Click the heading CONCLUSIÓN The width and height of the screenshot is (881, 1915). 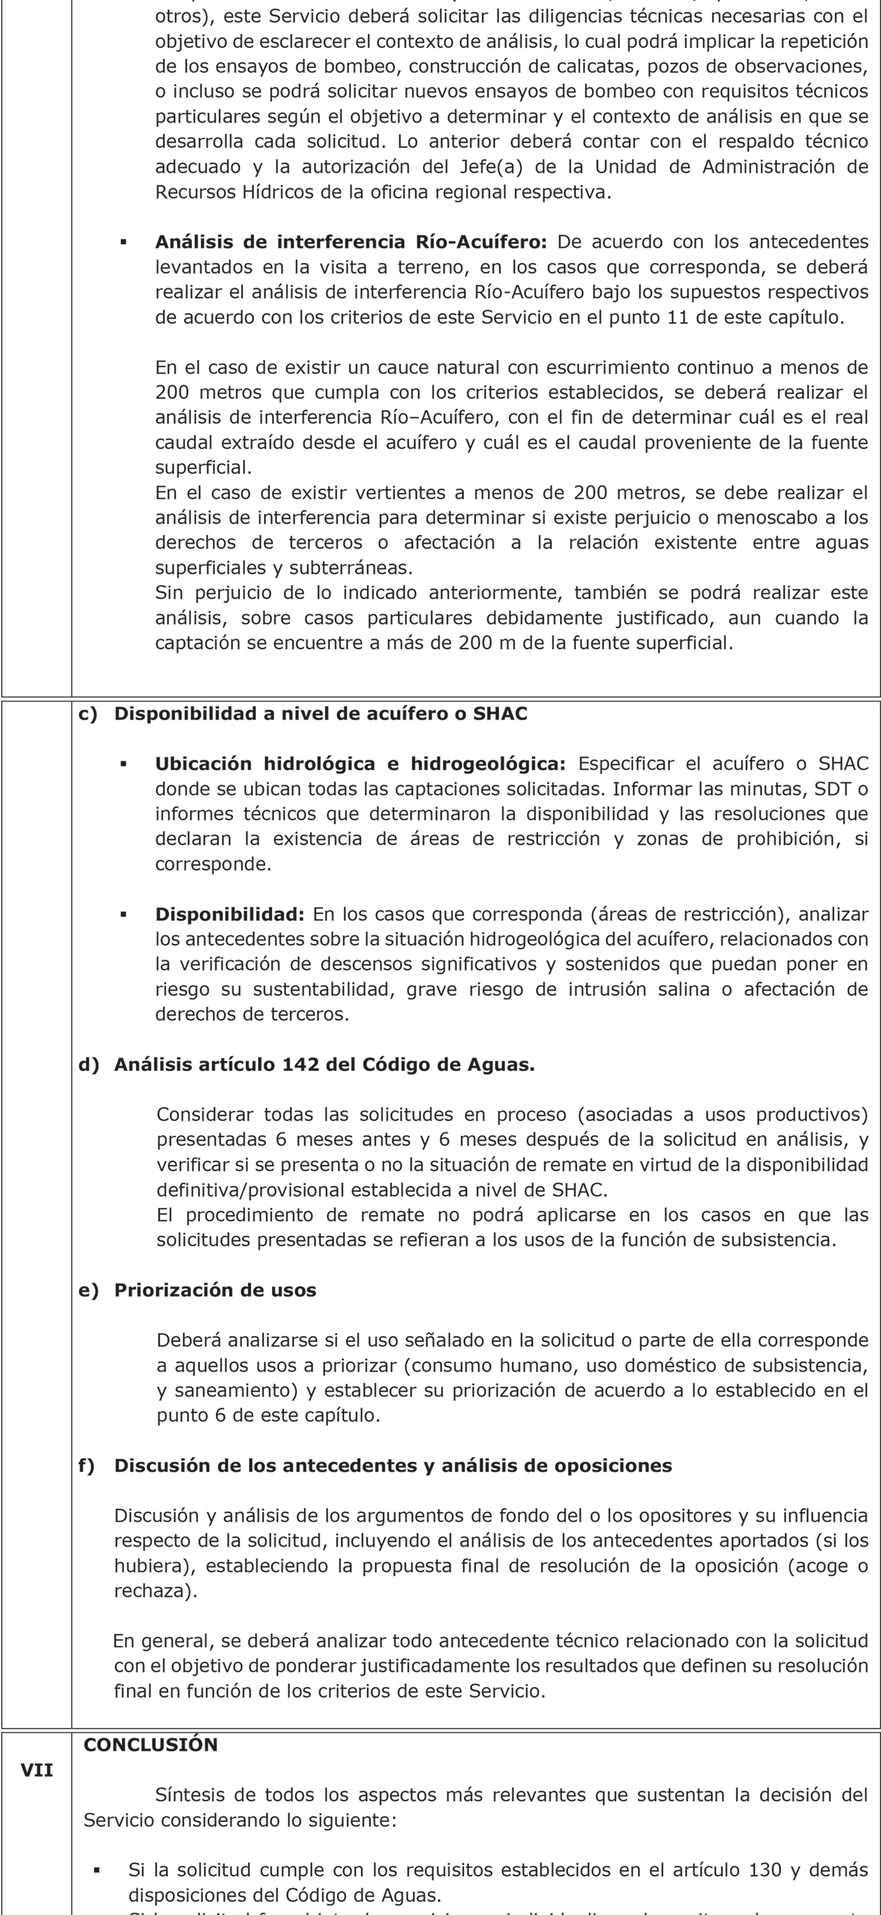[151, 1744]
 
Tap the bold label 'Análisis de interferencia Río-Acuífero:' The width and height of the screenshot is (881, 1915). [351, 242]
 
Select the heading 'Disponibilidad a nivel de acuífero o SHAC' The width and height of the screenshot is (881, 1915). [320, 714]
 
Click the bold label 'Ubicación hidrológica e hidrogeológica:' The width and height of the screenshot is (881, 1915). [360, 764]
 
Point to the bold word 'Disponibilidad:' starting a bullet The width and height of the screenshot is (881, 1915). [230, 914]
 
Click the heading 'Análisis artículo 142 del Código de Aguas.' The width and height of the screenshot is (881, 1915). [324, 1065]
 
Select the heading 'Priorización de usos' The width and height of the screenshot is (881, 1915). [215, 1290]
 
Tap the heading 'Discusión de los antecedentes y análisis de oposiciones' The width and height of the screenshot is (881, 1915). [392, 1465]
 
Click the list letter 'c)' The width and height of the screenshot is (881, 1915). [88, 714]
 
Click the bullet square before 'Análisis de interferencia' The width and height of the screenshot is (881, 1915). [123, 242]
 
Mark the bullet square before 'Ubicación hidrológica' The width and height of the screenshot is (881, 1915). [123, 764]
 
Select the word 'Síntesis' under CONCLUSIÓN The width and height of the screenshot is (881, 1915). [190, 1795]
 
